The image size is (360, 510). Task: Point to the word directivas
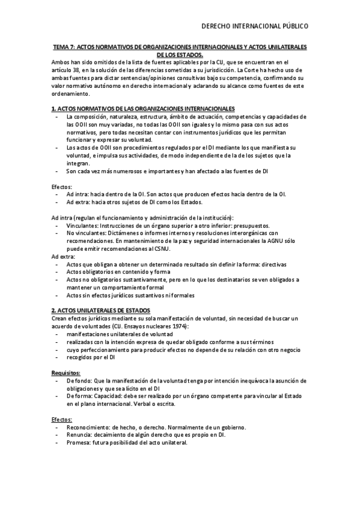pos(272,264)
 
